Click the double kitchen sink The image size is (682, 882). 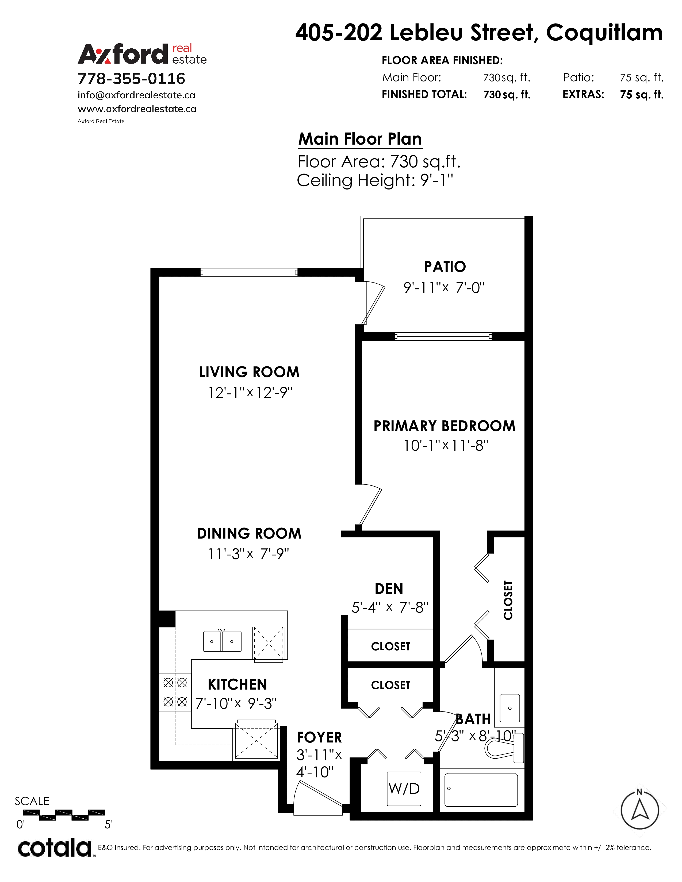[222, 641]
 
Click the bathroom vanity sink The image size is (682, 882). [509, 708]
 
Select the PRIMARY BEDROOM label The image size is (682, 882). [445, 426]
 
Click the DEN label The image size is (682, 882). [389, 589]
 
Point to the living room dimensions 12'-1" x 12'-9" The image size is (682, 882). [250, 393]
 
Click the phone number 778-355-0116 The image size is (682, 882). [131, 78]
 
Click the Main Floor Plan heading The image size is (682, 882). [360, 139]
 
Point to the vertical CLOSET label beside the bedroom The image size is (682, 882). [508, 600]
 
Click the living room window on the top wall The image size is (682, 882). [249, 272]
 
